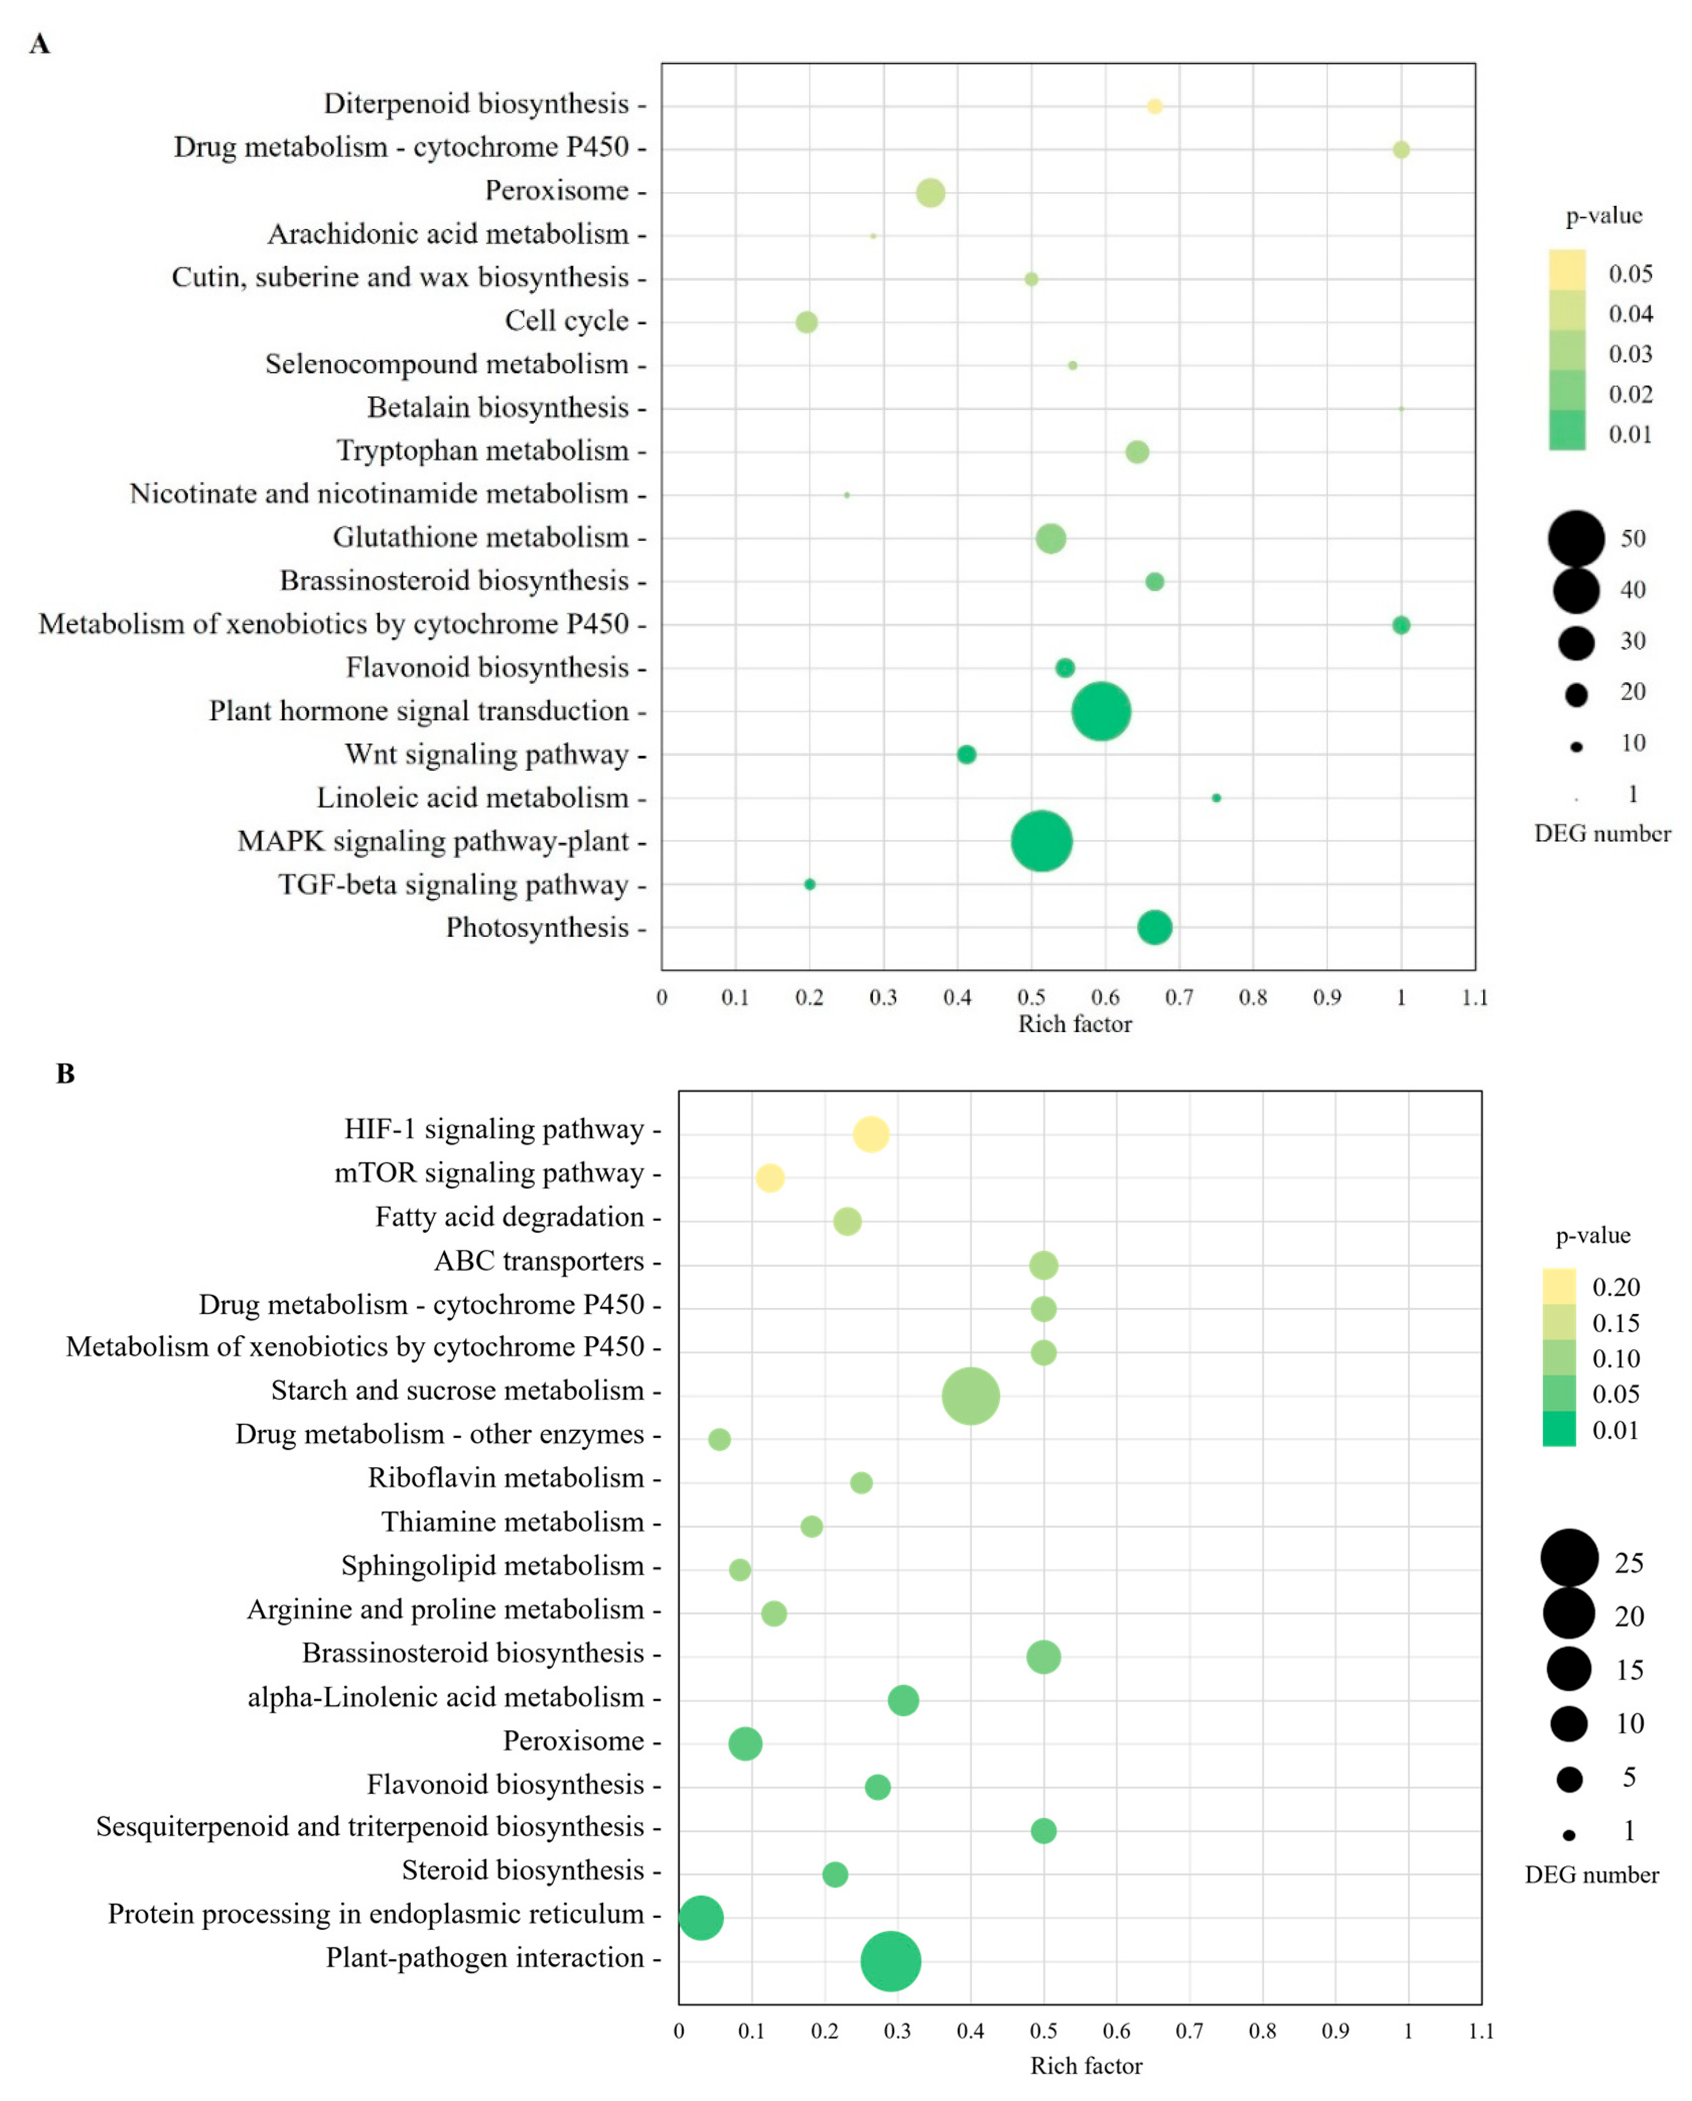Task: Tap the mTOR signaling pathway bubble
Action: [770, 1178]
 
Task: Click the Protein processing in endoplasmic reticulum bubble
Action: [701, 1918]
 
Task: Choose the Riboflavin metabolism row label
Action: [506, 1477]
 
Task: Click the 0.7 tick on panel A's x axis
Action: [1180, 997]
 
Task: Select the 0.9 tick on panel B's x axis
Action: [1335, 2031]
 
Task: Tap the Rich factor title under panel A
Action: [1075, 1024]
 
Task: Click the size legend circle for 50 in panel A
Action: [1576, 538]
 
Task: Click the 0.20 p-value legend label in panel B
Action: [1616, 1287]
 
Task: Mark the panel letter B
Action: [65, 1074]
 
